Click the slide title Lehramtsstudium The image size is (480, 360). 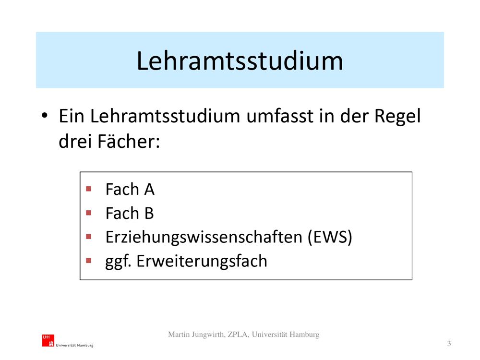pyautogui.click(x=240, y=60)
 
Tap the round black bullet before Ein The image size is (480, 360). pyautogui.click(x=45, y=116)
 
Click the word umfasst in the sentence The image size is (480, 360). pyautogui.click(x=280, y=116)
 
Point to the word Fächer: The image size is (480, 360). pyautogui.click(x=129, y=141)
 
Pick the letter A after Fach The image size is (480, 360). pyautogui.click(x=149, y=189)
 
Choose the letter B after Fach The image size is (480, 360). pyautogui.click(x=149, y=213)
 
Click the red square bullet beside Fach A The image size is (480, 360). pyautogui.click(x=89, y=189)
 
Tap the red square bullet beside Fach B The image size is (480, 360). pyautogui.click(x=89, y=213)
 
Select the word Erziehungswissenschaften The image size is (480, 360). pyautogui.click(x=204, y=238)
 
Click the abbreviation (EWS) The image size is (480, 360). pyautogui.click(x=330, y=237)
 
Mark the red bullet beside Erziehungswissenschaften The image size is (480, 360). pyautogui.click(x=89, y=237)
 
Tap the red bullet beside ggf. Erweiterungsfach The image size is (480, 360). pyautogui.click(x=89, y=261)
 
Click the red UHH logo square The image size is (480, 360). pyautogui.click(x=48, y=340)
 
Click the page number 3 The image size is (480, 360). pyautogui.click(x=449, y=344)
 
